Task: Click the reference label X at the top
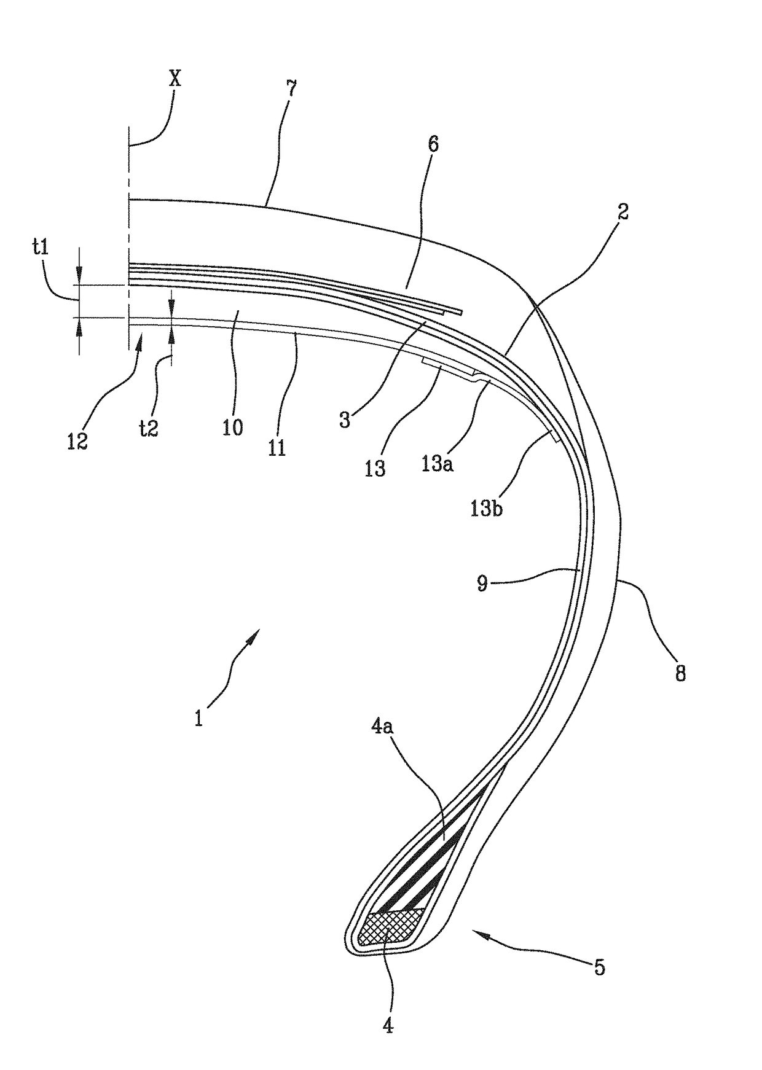[x=175, y=79]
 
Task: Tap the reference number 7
[x=291, y=90]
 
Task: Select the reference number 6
[x=433, y=145]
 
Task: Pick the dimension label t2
[x=149, y=428]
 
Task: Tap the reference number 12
[x=77, y=441]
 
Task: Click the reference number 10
[x=233, y=427]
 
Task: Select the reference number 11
[x=277, y=447]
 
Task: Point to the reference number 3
[x=345, y=420]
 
